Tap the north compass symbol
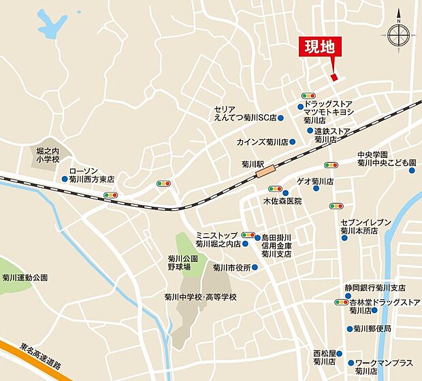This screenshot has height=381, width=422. [399, 35]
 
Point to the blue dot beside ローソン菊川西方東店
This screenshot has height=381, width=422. [65, 180]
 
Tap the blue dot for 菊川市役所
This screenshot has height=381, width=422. [255, 267]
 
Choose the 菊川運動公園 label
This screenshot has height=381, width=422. [25, 278]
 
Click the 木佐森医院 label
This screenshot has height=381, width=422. [282, 202]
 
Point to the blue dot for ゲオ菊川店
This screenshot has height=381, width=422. [289, 182]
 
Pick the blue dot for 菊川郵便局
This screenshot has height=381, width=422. [348, 329]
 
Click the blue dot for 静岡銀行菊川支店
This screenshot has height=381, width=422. [338, 288]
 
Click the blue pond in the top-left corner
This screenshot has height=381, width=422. [48, 26]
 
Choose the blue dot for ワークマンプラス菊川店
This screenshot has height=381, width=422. [350, 363]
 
